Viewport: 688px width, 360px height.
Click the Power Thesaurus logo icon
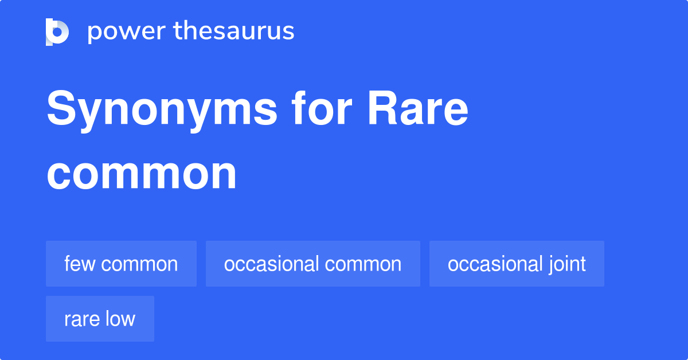(57, 32)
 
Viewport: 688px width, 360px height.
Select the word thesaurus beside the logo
(234, 32)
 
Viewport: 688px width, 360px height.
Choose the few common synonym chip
(121, 264)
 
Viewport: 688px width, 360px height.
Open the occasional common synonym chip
(312, 264)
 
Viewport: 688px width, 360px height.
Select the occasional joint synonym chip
(517, 264)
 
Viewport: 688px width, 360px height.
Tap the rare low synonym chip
(100, 319)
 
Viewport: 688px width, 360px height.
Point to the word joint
(567, 264)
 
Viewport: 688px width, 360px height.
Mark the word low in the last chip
(120, 319)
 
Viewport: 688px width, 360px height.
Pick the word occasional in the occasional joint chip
(495, 264)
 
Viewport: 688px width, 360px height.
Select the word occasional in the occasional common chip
(271, 264)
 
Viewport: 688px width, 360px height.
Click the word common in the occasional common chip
(363, 264)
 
